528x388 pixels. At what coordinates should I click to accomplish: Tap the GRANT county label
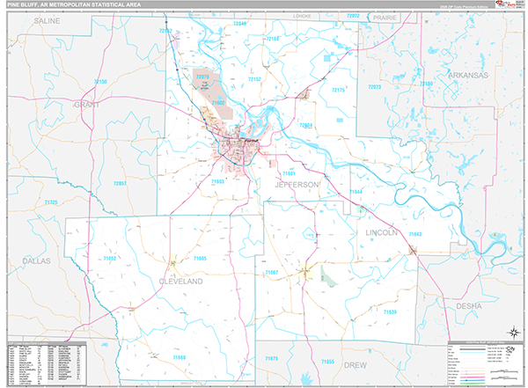pyautogui.click(x=89, y=104)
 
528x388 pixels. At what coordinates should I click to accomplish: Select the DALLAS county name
pyautogui.click(x=37, y=261)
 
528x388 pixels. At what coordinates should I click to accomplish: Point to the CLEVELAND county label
pyautogui.click(x=180, y=281)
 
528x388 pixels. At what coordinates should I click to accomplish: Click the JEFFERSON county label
pyautogui.click(x=294, y=185)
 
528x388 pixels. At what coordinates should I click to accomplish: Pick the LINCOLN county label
pyautogui.click(x=382, y=232)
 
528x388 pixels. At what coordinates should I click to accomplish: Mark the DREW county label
pyautogui.click(x=356, y=363)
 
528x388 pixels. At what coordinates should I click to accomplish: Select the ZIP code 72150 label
pyautogui.click(x=100, y=81)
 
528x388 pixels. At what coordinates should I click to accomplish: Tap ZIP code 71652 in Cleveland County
pyautogui.click(x=110, y=258)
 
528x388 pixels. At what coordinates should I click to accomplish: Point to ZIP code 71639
pyautogui.click(x=390, y=311)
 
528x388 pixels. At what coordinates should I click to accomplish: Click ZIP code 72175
pyautogui.click(x=338, y=90)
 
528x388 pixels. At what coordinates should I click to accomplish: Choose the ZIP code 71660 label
pyautogui.click(x=180, y=357)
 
